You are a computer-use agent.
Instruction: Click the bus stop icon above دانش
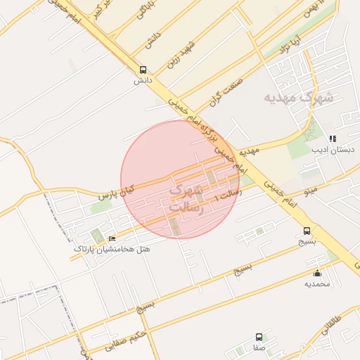pyautogui.click(x=143, y=70)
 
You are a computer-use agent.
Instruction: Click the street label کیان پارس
pyautogui.click(x=116, y=191)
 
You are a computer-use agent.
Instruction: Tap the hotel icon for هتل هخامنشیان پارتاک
pyautogui.click(x=112, y=239)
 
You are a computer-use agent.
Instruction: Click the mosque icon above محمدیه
pyautogui.click(x=317, y=274)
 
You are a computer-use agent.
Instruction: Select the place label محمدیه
pyautogui.click(x=317, y=284)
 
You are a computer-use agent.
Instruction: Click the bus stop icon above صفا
pyautogui.click(x=259, y=337)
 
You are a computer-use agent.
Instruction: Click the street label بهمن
pyautogui.click(x=309, y=11)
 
